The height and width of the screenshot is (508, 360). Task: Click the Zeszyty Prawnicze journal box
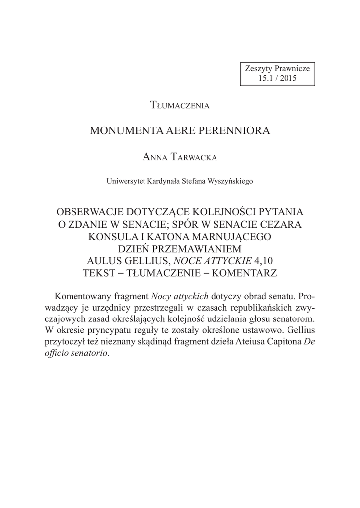click(x=278, y=73)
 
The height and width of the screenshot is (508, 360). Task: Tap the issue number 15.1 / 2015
click(x=278, y=78)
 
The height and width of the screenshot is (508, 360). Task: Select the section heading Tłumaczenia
click(x=180, y=105)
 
